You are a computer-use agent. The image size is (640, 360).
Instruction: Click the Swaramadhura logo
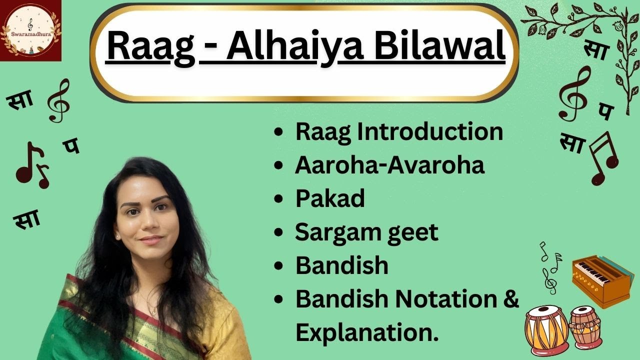[x=30, y=30]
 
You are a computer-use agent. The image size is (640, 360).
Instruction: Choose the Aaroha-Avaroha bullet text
[x=389, y=165]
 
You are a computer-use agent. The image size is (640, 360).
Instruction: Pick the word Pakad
[x=330, y=199]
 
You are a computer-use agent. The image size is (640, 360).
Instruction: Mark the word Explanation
[x=366, y=332]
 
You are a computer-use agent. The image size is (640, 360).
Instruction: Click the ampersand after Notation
[x=510, y=298]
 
